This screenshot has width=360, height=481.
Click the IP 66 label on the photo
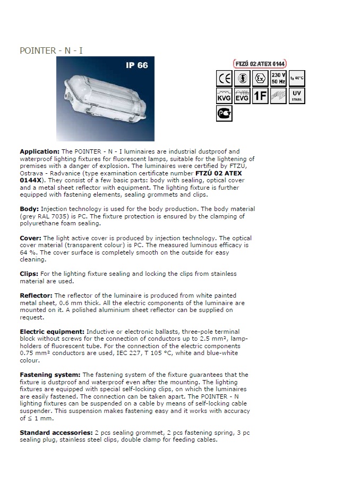(x=136, y=65)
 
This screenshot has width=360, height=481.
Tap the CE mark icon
(x=225, y=79)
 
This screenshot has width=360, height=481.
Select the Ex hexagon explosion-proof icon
(x=260, y=79)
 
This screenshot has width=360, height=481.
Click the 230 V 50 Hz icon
(x=278, y=79)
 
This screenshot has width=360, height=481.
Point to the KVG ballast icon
(x=225, y=96)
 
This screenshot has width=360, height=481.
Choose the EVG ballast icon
(x=242, y=96)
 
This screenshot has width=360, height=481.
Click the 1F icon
(x=260, y=96)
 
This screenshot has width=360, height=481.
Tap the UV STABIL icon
(x=297, y=96)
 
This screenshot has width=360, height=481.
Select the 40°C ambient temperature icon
(x=297, y=79)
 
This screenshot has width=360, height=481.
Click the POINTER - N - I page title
(x=51, y=51)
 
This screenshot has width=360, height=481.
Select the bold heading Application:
(x=40, y=151)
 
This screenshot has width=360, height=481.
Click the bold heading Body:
(x=29, y=209)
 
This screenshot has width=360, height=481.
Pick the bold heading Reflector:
(x=37, y=296)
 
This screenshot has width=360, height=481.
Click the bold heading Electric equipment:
(x=52, y=331)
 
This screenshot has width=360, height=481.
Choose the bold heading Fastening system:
(x=50, y=375)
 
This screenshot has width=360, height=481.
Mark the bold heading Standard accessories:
(x=56, y=433)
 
